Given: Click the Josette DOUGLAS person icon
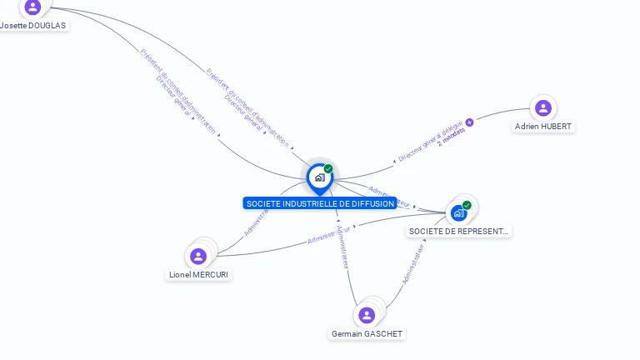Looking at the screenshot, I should coord(32,7).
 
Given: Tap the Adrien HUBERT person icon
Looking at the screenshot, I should coord(543,108).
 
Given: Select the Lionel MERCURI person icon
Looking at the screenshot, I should coord(198,256).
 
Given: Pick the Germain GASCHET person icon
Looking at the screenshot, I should coord(367,315).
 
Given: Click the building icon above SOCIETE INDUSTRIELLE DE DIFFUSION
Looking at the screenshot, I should coord(319,177).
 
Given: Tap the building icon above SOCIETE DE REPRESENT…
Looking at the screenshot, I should coord(458,213).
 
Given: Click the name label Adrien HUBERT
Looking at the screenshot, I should coord(543,127).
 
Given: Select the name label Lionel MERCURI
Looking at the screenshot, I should coord(198,275).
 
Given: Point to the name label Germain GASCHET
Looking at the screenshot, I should coord(367,334).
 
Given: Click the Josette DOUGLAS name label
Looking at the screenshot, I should coord(33,25).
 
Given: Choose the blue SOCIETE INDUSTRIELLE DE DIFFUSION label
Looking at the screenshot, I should coord(320,203).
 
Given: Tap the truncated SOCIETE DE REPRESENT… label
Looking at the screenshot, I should coord(459,232).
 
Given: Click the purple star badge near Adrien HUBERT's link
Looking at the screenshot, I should coord(469,122).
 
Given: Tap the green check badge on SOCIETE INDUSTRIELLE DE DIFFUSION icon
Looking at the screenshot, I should coord(328,169).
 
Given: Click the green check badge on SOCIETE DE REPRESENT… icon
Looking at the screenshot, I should coord(467,205).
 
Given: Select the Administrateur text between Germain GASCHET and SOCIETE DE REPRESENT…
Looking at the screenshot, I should coord(413,265).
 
